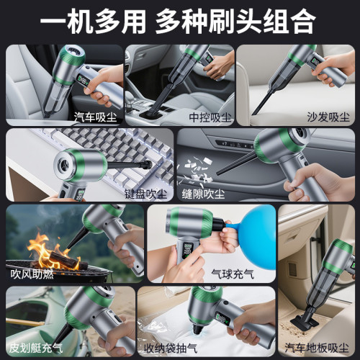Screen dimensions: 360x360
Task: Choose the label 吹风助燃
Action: coord(32,274)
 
